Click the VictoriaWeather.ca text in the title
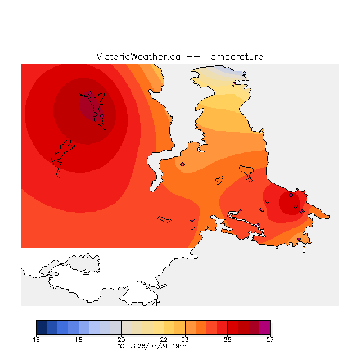(x=138, y=56)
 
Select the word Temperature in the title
(x=234, y=56)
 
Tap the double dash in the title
(x=193, y=57)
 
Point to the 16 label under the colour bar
(x=36, y=340)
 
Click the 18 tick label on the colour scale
(x=79, y=340)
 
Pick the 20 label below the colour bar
(x=121, y=340)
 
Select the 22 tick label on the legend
(x=164, y=340)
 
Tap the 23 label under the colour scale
(x=185, y=340)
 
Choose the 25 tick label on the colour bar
(x=227, y=340)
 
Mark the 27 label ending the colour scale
(x=270, y=340)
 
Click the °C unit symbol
(x=121, y=346)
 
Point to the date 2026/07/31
(x=149, y=346)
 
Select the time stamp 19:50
(x=181, y=346)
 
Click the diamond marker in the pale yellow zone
(x=234, y=85)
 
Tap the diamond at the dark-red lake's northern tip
(x=90, y=93)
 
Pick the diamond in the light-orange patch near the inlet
(x=182, y=164)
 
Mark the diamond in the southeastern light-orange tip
(x=299, y=238)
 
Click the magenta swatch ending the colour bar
(x=265, y=327)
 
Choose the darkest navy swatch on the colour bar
(x=42, y=327)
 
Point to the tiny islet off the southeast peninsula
(x=304, y=250)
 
